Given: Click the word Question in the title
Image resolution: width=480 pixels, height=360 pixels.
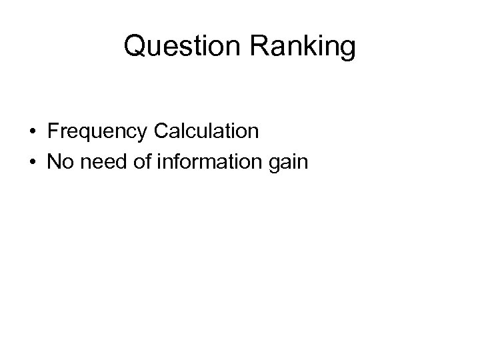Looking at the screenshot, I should (x=172, y=47).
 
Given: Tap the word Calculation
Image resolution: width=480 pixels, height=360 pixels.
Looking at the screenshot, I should (x=206, y=131).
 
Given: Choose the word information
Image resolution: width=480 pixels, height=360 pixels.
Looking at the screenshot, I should (x=208, y=161).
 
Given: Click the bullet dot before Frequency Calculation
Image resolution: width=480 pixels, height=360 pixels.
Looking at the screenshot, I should (x=32, y=132).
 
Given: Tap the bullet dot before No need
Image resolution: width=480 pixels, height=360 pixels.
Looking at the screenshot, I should (x=32, y=162).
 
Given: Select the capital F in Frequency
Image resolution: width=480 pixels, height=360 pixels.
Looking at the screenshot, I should (x=53, y=131).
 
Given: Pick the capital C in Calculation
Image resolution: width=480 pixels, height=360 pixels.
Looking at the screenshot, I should (x=161, y=131).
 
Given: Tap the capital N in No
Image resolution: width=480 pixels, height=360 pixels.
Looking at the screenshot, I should (x=54, y=161).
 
